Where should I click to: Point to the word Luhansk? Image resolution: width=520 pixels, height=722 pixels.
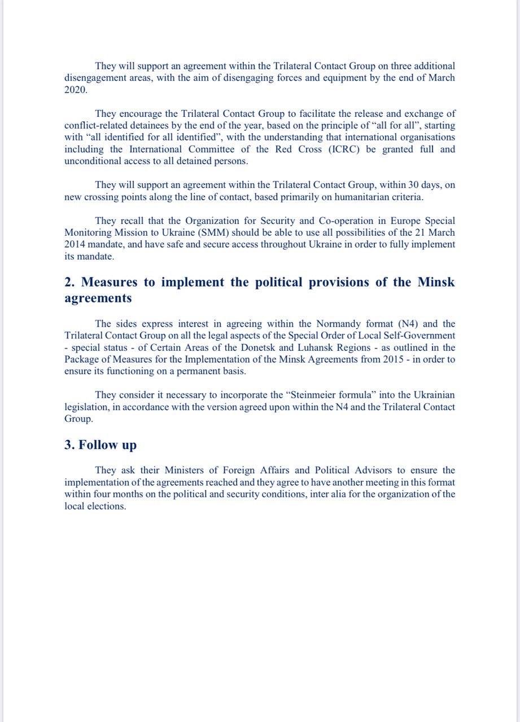point(298,347)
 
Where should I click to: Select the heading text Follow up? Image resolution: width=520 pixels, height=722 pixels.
point(107,444)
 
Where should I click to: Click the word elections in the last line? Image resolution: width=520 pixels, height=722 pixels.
point(107,506)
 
